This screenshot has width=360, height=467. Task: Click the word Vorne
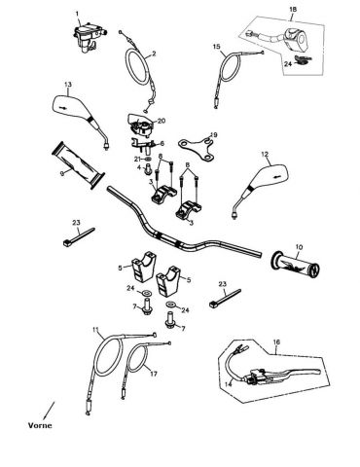pyautogui.click(x=40, y=425)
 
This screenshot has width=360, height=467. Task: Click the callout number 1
pyautogui.click(x=77, y=14)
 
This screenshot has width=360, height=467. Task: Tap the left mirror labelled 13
pyautogui.click(x=78, y=115)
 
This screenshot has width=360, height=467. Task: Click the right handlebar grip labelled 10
pyautogui.click(x=295, y=266)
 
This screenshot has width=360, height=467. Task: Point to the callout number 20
pyautogui.click(x=162, y=121)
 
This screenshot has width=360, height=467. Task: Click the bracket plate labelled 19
pyautogui.click(x=198, y=148)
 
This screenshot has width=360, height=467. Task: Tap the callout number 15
pyautogui.click(x=217, y=47)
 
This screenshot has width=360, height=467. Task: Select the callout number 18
pyautogui.click(x=293, y=10)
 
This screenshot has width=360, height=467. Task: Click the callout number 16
pyautogui.click(x=276, y=342)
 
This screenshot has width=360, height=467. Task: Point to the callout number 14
pyautogui.click(x=229, y=384)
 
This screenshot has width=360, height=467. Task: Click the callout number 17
pyautogui.click(x=154, y=374)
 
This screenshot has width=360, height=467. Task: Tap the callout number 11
pyautogui.click(x=95, y=330)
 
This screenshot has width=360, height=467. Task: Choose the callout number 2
pyautogui.click(x=154, y=54)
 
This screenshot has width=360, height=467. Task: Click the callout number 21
pyautogui.click(x=138, y=159)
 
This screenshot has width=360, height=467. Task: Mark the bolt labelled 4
pyautogui.click(x=149, y=168)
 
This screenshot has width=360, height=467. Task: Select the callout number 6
pyautogui.click(x=162, y=143)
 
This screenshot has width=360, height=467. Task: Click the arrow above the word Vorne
pyautogui.click(x=49, y=410)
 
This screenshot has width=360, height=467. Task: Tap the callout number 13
pyautogui.click(x=68, y=85)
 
